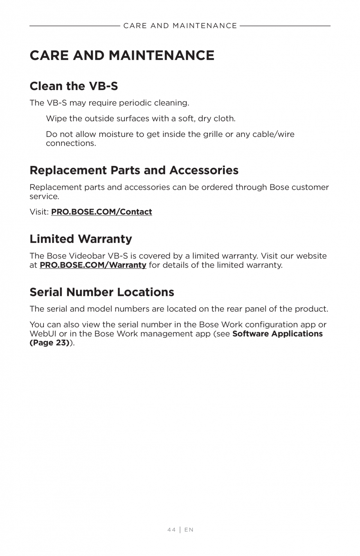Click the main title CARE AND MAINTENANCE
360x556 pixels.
(x=122, y=56)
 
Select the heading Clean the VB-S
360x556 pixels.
(x=74, y=86)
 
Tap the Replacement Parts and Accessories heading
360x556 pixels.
(x=134, y=170)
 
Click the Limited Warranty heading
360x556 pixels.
(x=81, y=239)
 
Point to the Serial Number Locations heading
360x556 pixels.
(x=102, y=292)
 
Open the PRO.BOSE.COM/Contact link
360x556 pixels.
(x=101, y=212)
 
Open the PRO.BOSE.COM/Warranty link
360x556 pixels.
(x=93, y=265)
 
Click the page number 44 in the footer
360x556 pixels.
(x=171, y=529)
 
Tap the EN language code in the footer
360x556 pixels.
(x=189, y=529)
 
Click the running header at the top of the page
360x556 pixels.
(x=180, y=26)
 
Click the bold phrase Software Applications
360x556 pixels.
(x=277, y=334)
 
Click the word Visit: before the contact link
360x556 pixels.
(x=39, y=212)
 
